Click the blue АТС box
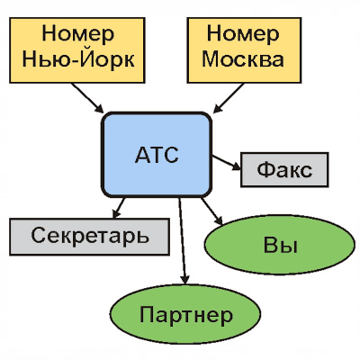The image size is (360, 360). pyautogui.click(x=157, y=155)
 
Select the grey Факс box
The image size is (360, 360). pyautogui.click(x=284, y=170)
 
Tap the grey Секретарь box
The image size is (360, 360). pyautogui.click(x=89, y=237)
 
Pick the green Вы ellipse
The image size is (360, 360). pyautogui.click(x=280, y=245)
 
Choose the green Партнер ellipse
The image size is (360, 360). pyautogui.click(x=185, y=314)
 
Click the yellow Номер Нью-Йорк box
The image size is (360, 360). pyautogui.click(x=77, y=50)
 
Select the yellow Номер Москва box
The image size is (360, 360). pyautogui.click(x=244, y=50)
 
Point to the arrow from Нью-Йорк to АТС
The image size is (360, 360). pyautogui.click(x=87, y=98)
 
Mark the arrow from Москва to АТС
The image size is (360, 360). pyautogui.click(x=229, y=98)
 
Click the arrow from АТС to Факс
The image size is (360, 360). pyautogui.click(x=226, y=163)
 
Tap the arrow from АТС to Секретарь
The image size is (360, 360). pyautogui.click(x=119, y=208)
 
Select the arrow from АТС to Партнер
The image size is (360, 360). pyautogui.click(x=183, y=241)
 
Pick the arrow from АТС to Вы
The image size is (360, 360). pyautogui.click(x=211, y=211)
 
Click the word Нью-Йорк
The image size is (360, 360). pyautogui.click(x=78, y=59)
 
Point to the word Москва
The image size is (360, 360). pyautogui.click(x=243, y=59)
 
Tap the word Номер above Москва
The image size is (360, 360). pyautogui.click(x=243, y=33)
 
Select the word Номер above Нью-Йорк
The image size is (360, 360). pyautogui.click(x=78, y=33)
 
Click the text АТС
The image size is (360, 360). pyautogui.click(x=157, y=155)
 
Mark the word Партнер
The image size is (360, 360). pyautogui.click(x=186, y=315)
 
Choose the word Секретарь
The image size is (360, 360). pyautogui.click(x=90, y=236)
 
